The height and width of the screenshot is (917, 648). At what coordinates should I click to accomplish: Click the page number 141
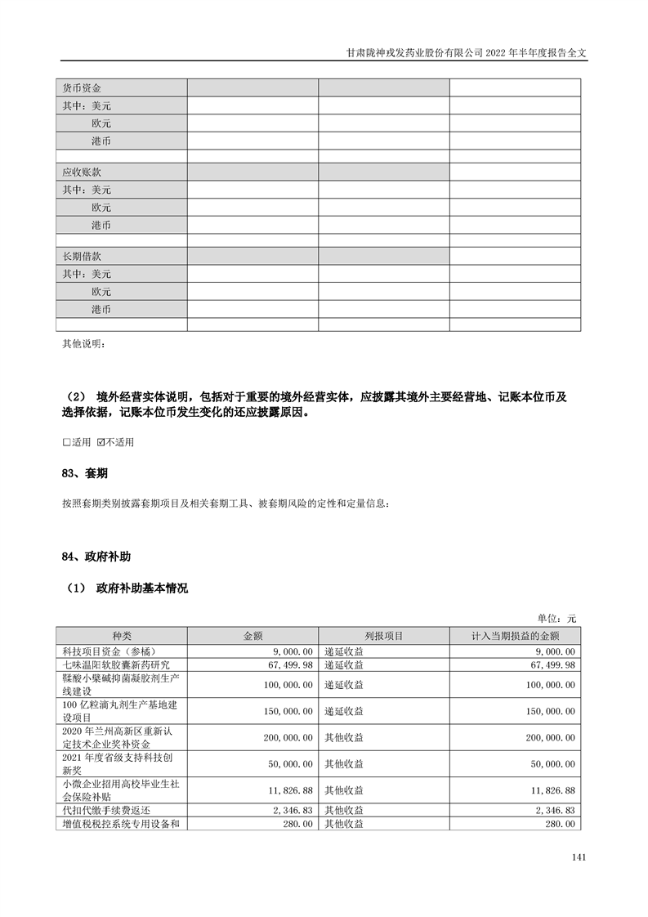pyautogui.click(x=579, y=857)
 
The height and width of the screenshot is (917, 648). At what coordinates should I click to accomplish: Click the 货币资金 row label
pyautogui.click(x=82, y=87)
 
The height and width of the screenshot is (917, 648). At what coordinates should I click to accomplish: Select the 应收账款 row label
pyautogui.click(x=82, y=172)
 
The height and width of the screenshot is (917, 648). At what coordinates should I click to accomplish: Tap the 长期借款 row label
pyautogui.click(x=82, y=257)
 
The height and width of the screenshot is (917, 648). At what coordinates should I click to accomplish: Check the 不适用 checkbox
pyautogui.click(x=101, y=442)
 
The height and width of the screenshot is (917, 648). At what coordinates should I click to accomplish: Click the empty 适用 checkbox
pyautogui.click(x=66, y=442)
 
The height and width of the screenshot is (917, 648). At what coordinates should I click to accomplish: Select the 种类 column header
pyautogui.click(x=121, y=636)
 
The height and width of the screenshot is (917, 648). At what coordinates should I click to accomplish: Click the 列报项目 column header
pyautogui.click(x=383, y=636)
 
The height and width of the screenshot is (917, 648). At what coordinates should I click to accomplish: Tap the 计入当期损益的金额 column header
pyautogui.click(x=515, y=636)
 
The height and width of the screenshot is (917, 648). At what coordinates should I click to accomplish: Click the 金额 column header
pyautogui.click(x=252, y=636)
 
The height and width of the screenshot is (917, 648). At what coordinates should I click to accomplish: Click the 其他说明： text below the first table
pyautogui.click(x=83, y=342)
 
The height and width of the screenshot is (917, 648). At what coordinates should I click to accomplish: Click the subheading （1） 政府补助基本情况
pyautogui.click(x=126, y=588)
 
